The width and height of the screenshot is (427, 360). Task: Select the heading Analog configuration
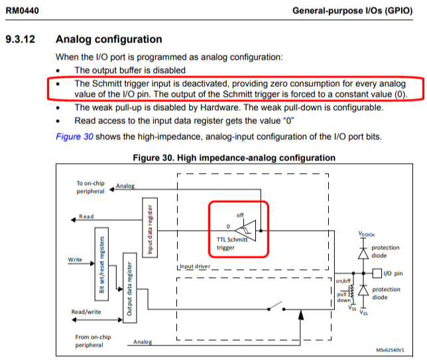[109, 40]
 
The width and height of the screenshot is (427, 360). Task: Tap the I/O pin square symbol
[377, 273]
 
